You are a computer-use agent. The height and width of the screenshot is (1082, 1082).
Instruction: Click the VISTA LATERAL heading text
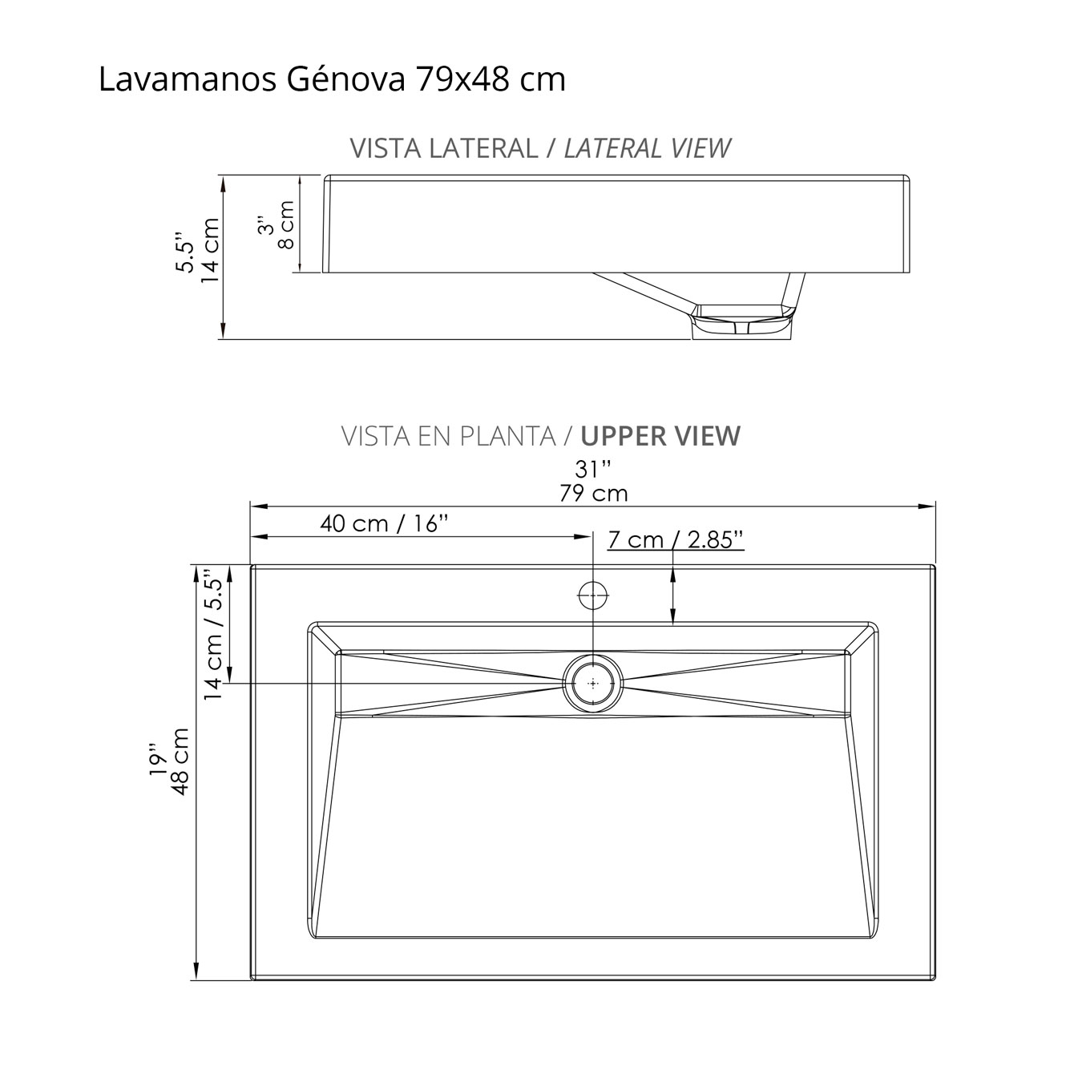pos(443,148)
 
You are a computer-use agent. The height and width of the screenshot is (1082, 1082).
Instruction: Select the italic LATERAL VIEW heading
pos(647,148)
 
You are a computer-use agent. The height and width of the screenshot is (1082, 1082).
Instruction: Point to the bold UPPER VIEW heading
pos(660,436)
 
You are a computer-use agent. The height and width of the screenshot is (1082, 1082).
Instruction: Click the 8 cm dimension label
pos(286,224)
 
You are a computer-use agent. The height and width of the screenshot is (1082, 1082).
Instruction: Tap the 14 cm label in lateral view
pos(210,250)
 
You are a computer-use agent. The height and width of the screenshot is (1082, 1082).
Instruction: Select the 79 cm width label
pos(593,493)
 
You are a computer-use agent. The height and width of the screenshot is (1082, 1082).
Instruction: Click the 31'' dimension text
pos(593,469)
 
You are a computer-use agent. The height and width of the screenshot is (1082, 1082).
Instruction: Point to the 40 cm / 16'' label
pos(383,523)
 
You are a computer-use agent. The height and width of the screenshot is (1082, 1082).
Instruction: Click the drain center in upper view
pos(593,684)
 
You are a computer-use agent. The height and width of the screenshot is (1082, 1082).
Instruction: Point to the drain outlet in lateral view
pos(741,322)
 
